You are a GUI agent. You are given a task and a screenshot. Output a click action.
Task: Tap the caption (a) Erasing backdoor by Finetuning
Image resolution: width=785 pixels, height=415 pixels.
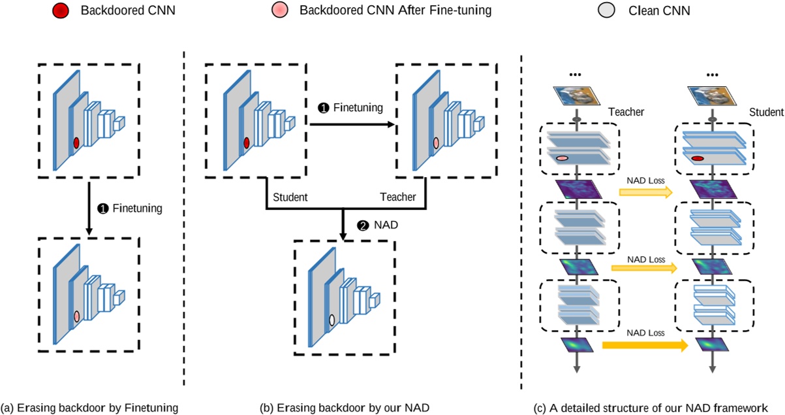[90, 407]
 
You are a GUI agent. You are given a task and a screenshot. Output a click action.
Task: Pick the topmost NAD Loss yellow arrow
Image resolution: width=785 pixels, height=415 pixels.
[645, 191]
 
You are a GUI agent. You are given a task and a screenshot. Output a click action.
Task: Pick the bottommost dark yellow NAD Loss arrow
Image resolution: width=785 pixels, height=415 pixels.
[645, 345]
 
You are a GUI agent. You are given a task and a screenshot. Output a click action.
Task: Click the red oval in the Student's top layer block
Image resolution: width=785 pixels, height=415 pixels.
[697, 158]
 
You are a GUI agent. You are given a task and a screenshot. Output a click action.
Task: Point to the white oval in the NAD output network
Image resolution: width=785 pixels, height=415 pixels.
[331, 320]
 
